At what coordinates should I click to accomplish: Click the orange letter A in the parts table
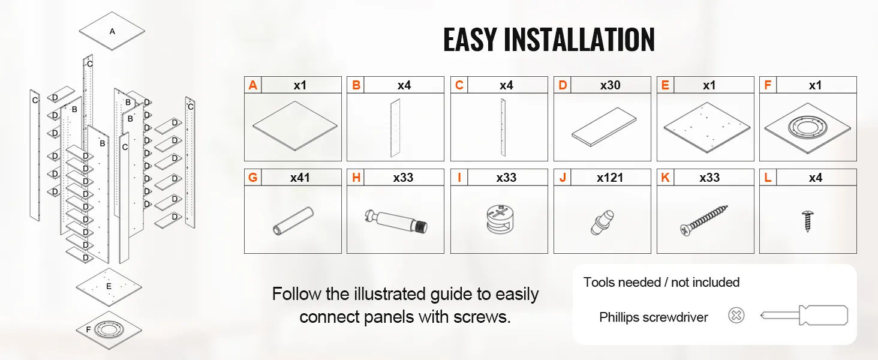pos(253,85)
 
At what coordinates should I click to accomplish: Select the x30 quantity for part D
pos(611,85)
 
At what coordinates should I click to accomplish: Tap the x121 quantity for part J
pos(610,178)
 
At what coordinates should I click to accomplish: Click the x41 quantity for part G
pos(300,178)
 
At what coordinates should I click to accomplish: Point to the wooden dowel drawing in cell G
pos(293,221)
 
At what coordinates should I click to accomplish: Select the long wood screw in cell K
pos(704,221)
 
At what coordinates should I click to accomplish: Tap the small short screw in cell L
pos(807,221)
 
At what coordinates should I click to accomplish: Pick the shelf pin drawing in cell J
pos(603,223)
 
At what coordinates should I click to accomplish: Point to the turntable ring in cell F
pos(807,127)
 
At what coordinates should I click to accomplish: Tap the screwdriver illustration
pos(804,315)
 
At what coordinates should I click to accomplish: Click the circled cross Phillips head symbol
pos(736,315)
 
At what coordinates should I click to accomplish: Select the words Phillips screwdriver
pos(654,317)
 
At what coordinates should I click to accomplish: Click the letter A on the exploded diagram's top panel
pos(113,31)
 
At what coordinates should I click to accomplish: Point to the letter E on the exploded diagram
pos(109,286)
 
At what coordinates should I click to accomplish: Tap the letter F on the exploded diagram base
pos(88,329)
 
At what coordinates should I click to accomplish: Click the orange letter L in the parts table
pos(768,178)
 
